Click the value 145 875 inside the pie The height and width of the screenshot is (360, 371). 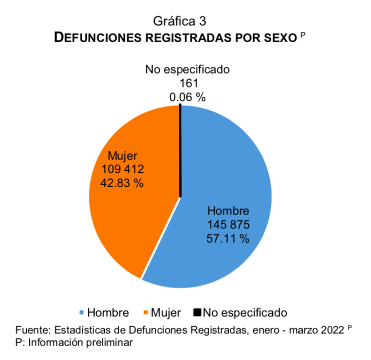[x=228, y=225]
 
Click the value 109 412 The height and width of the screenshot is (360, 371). [x=122, y=169]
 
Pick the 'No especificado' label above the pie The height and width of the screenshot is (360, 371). [x=187, y=69]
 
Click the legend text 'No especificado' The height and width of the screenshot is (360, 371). [x=245, y=312]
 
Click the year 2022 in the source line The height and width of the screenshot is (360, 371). [x=333, y=330]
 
